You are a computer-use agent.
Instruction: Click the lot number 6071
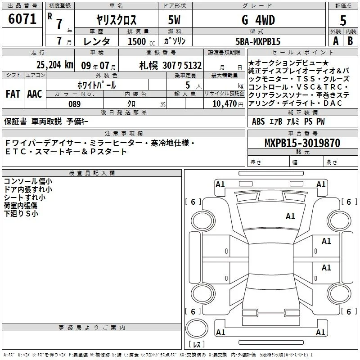tap(22, 18)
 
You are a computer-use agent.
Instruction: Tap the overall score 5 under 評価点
tap(343, 20)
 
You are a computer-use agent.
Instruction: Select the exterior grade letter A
tap(336, 41)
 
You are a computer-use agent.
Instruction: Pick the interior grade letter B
tap(351, 41)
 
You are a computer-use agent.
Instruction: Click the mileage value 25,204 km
tap(54, 65)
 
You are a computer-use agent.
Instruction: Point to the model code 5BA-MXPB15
tap(258, 41)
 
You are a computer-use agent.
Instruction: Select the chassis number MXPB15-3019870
tap(302, 143)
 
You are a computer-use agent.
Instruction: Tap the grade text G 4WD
tap(258, 20)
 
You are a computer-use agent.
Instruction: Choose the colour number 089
tap(75, 104)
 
